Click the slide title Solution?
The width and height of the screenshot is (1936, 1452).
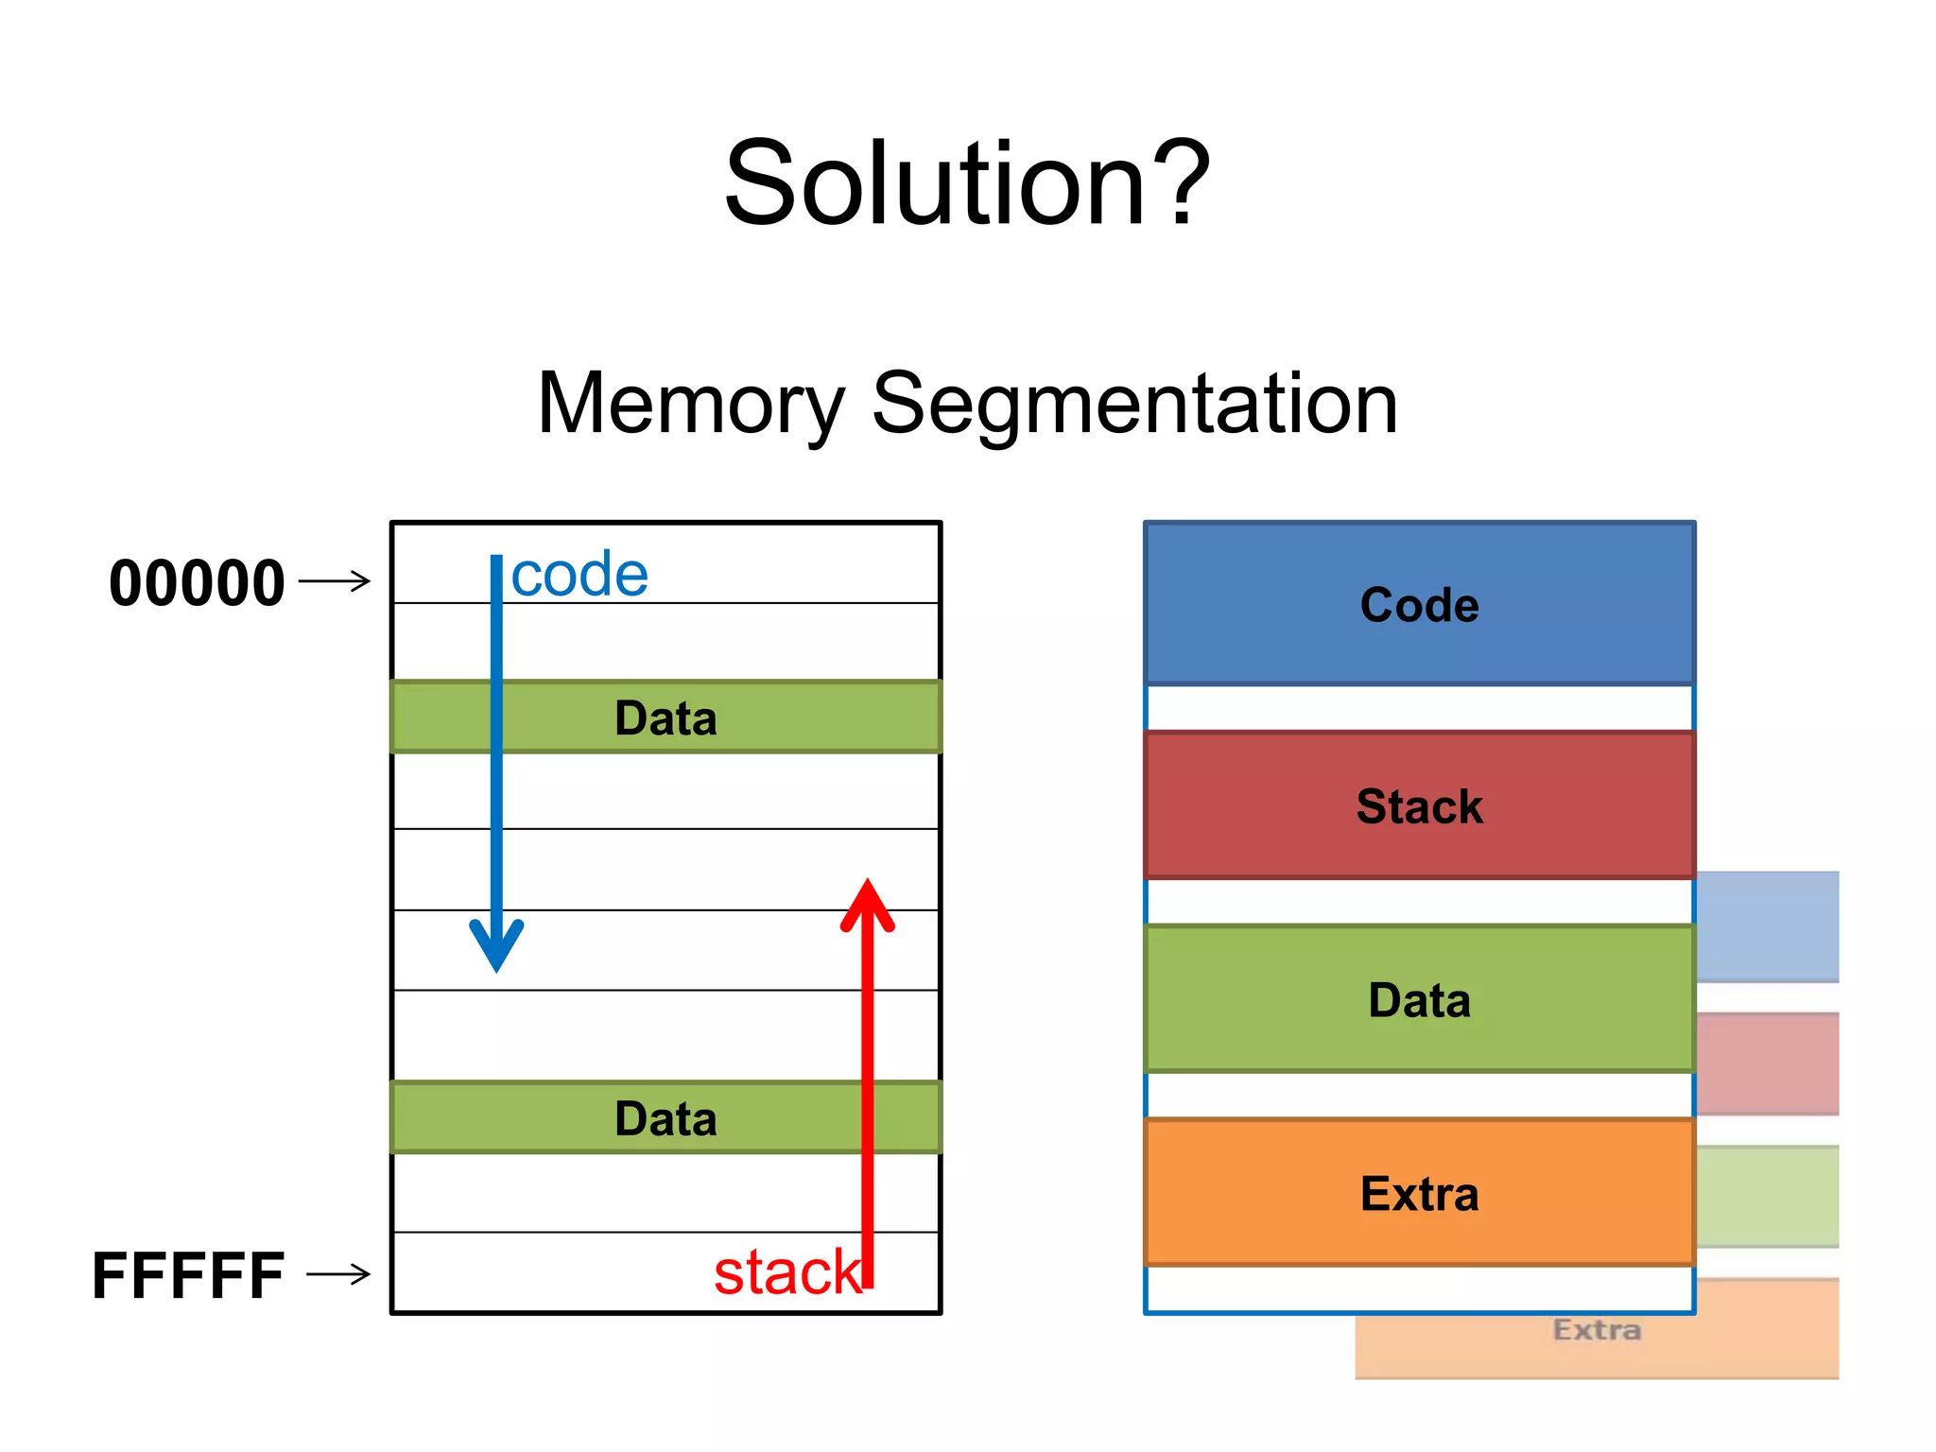click(x=966, y=183)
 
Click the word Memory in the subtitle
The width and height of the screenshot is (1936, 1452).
click(x=690, y=405)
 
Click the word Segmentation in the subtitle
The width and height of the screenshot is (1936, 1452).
click(x=1133, y=405)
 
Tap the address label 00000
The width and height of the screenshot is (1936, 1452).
click(x=197, y=582)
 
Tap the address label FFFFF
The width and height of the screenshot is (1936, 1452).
click(x=188, y=1275)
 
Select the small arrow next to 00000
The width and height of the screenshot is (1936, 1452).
click(x=335, y=580)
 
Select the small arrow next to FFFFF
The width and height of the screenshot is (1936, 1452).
click(x=338, y=1274)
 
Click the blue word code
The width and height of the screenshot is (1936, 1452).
click(x=579, y=574)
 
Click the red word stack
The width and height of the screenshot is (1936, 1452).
click(x=786, y=1271)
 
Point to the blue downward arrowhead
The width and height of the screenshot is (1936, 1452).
click(x=496, y=945)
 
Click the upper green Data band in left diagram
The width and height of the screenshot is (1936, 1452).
click(x=665, y=717)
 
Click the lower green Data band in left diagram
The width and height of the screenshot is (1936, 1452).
click(x=665, y=1118)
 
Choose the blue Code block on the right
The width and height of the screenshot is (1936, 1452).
click(x=1419, y=605)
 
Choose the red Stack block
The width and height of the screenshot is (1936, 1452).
click(x=1419, y=806)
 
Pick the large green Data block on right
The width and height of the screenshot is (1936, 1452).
click(x=1419, y=1000)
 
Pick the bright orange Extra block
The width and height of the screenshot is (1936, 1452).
click(x=1419, y=1193)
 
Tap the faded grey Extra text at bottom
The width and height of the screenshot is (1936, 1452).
click(x=1597, y=1330)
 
